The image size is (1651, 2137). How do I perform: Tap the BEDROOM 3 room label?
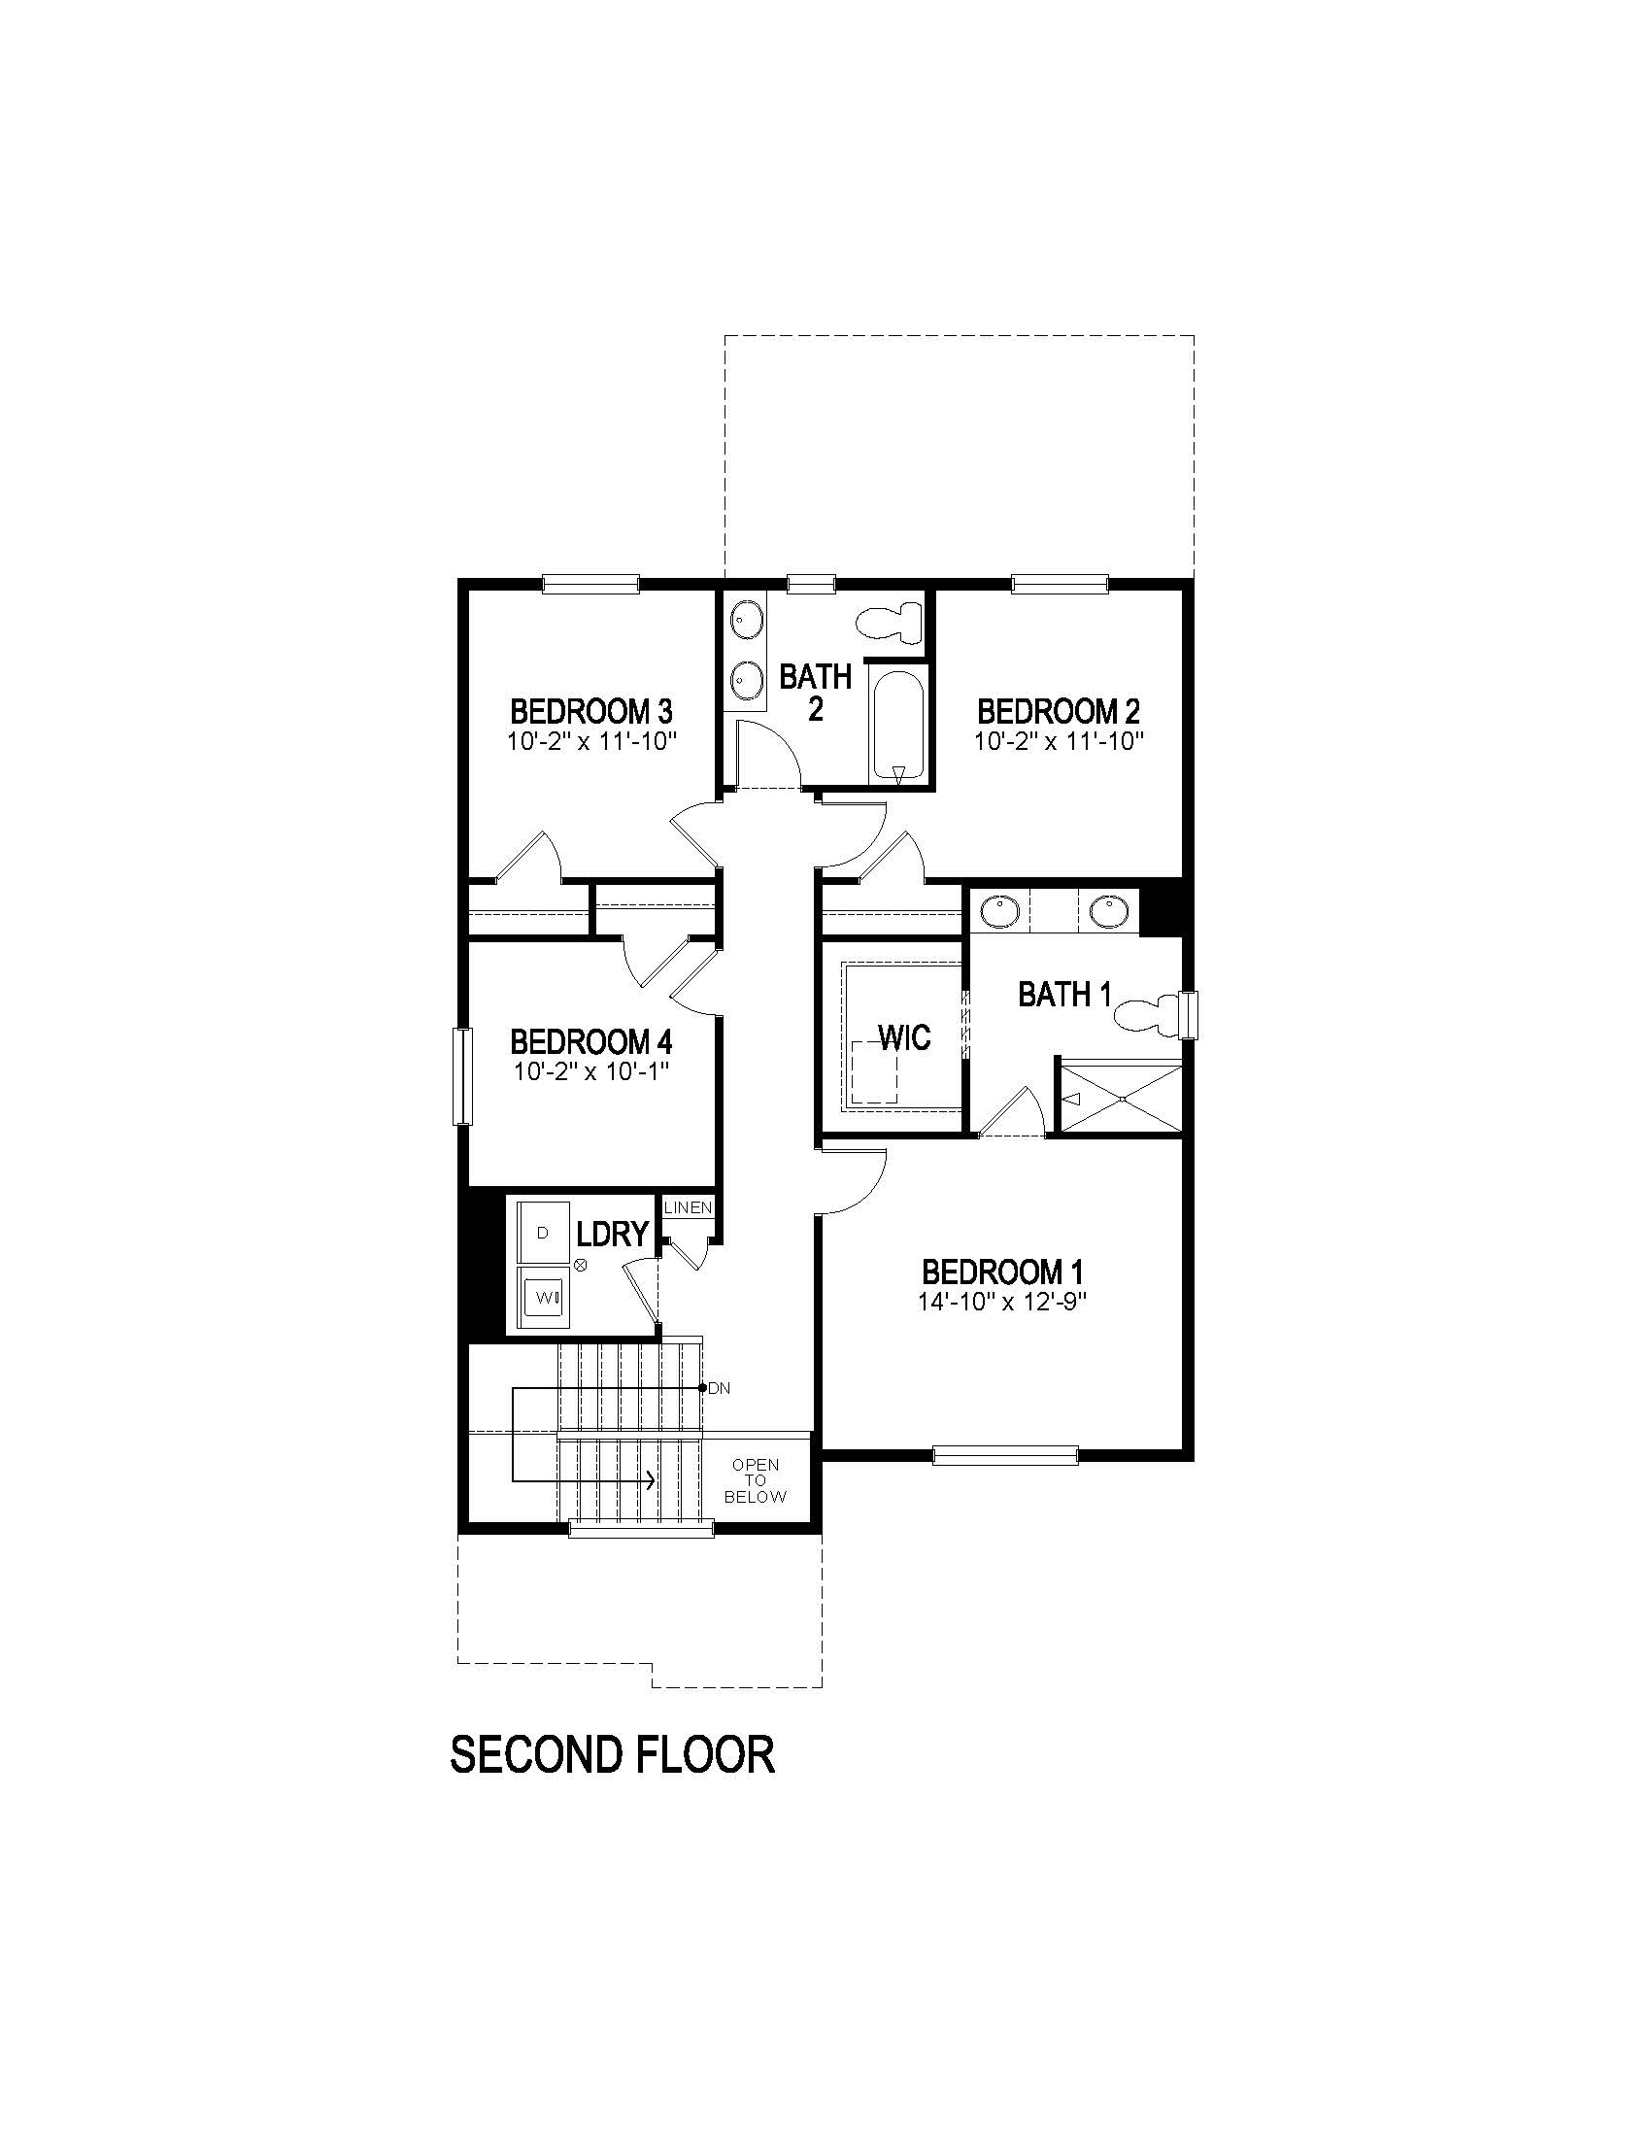click(590, 710)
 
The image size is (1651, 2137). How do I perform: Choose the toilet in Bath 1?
click(1146, 1014)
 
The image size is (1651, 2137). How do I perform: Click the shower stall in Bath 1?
click(1122, 1098)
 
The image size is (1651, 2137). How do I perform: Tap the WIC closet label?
click(905, 1037)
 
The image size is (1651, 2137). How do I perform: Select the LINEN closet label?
click(688, 1207)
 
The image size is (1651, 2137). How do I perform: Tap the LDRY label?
click(612, 1234)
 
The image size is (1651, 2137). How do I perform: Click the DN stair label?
click(719, 1387)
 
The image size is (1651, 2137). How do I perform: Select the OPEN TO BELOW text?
click(756, 1480)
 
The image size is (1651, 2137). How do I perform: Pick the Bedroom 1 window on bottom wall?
click(1004, 1455)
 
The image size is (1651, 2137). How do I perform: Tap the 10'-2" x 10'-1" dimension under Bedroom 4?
click(590, 1071)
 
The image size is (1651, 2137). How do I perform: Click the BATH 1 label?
click(1064, 995)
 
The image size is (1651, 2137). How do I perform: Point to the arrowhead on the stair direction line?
click(650, 1480)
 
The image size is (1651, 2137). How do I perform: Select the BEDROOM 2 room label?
click(1059, 710)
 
